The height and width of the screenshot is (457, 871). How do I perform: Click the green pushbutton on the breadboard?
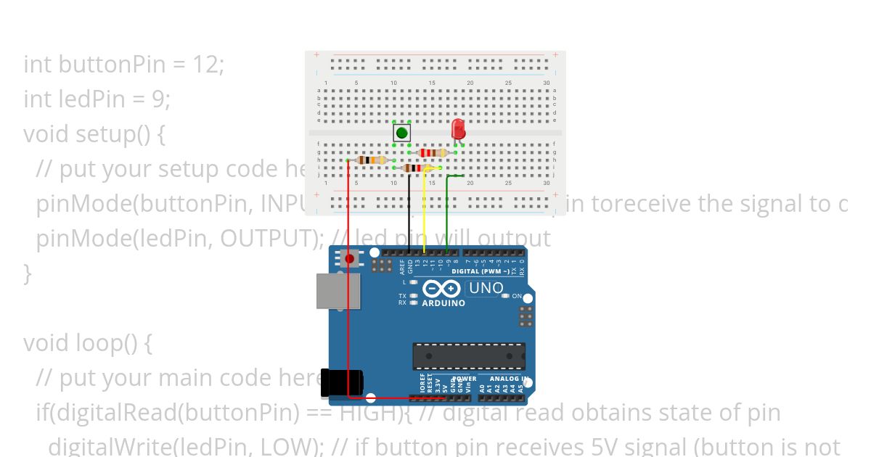[x=401, y=133]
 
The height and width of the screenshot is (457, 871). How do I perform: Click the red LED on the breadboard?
[x=458, y=129]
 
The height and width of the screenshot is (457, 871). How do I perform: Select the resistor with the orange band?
[x=372, y=160]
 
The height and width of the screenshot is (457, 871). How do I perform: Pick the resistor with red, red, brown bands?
[x=433, y=152]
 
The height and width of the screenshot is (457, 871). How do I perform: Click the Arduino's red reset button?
[x=350, y=259]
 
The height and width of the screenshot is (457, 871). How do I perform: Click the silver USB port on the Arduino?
[x=337, y=292]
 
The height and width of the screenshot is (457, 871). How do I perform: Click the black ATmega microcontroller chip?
[x=468, y=355]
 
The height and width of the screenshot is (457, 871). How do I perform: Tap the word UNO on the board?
[x=486, y=288]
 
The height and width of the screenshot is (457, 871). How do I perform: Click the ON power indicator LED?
[x=506, y=296]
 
